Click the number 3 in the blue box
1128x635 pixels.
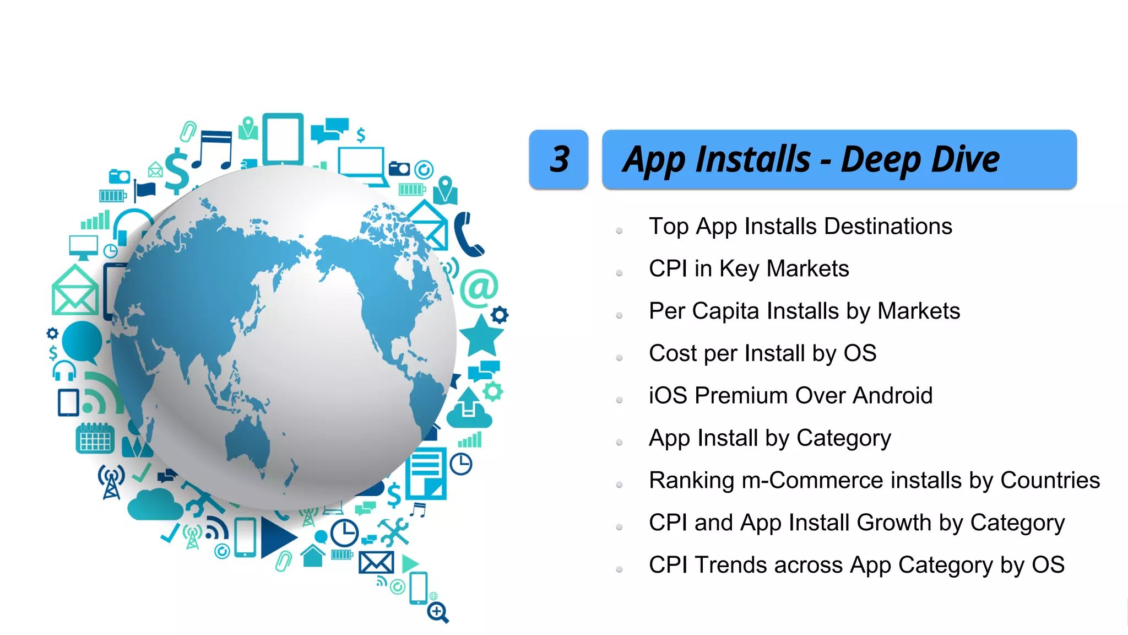coord(559,159)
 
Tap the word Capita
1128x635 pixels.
coord(725,311)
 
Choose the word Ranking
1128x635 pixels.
coord(691,481)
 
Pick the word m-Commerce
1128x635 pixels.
coord(813,481)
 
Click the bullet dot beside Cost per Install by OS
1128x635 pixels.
coord(619,358)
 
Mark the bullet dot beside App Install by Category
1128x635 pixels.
coord(619,443)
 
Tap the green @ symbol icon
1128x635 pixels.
coord(479,288)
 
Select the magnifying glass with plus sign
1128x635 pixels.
coord(438,612)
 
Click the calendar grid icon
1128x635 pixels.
coord(95,439)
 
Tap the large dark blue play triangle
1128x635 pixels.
coord(277,537)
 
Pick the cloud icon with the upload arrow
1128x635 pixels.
coord(469,409)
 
